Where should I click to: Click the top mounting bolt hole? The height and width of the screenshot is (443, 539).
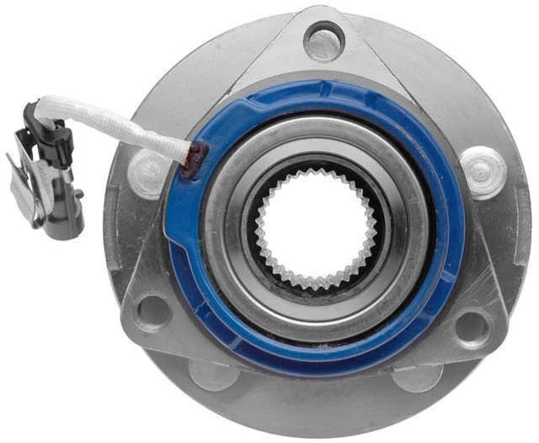click(324, 40)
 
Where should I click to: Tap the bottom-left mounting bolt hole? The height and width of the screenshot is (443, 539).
click(153, 311)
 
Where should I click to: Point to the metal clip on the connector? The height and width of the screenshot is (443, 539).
click(25, 190)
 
